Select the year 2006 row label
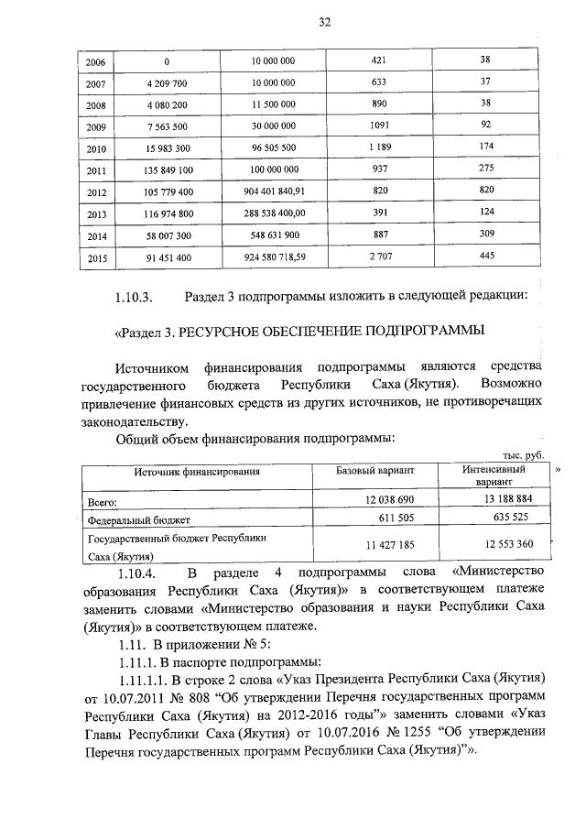(x=95, y=61)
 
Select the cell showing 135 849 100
(x=168, y=170)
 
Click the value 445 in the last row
(x=486, y=256)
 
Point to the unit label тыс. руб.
(x=525, y=455)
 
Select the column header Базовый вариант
(x=375, y=472)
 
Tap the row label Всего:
(x=105, y=502)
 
